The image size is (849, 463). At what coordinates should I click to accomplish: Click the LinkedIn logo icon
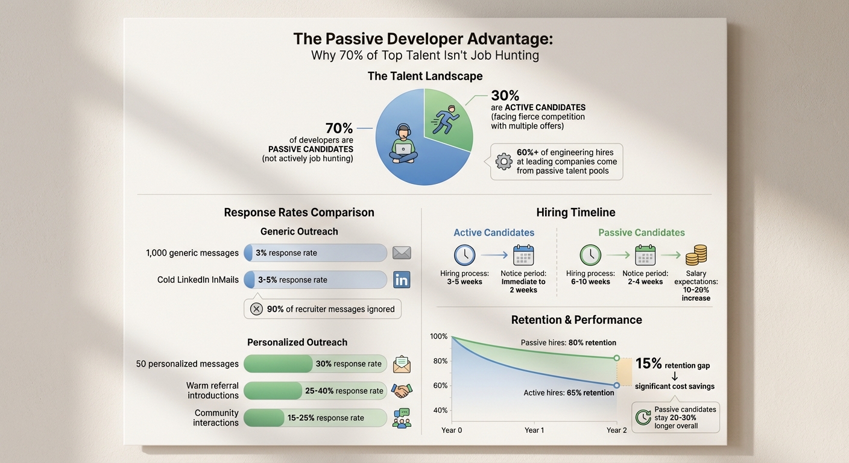402,280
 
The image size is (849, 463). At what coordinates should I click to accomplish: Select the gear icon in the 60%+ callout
503,162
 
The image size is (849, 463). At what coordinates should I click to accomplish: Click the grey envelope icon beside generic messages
402,253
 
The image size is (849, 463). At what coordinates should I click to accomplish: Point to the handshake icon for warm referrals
402,391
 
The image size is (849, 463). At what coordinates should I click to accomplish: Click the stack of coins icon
696,254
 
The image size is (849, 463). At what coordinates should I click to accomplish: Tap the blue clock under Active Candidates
464,255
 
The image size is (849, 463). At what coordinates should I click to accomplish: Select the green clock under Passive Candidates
590,255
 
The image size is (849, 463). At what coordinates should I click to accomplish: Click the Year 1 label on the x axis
534,430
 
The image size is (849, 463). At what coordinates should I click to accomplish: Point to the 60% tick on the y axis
440,386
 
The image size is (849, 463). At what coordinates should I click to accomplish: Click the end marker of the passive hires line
617,358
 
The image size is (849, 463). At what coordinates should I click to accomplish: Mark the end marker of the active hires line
617,385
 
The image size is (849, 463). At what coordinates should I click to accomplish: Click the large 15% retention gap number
649,364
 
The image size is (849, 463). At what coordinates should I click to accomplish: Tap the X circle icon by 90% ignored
256,309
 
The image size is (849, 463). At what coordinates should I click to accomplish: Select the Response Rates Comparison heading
299,212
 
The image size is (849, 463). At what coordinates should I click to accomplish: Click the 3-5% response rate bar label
292,280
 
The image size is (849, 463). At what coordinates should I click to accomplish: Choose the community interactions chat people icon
402,418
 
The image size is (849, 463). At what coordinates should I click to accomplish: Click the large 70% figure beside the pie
339,128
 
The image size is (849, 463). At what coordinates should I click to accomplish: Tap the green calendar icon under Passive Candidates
645,255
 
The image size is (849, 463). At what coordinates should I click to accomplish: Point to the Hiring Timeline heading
576,212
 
